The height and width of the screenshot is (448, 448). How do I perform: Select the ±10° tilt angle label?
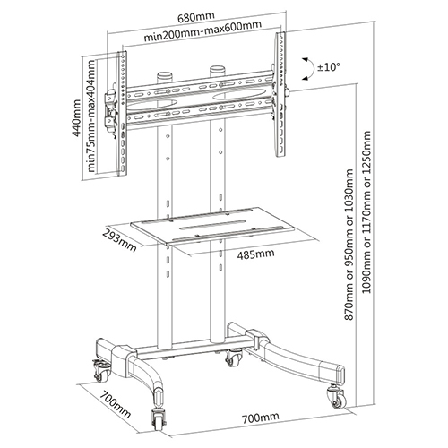pyautogui.click(x=329, y=67)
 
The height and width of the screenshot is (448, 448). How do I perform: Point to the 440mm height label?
pyautogui.click(x=77, y=118)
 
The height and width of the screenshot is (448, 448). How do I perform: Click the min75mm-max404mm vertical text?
pyautogui.click(x=91, y=116)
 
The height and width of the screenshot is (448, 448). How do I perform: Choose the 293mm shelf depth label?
pyautogui.click(x=119, y=240)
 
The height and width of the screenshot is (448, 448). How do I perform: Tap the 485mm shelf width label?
pyautogui.click(x=255, y=254)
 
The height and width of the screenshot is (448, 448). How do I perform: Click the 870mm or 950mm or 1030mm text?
pyautogui.click(x=349, y=245)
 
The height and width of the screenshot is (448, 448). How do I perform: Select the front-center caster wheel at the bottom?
pyautogui.click(x=158, y=418)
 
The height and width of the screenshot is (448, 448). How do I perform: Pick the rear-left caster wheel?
pyautogui.click(x=101, y=372)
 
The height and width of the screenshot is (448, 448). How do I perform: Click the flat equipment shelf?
pyautogui.click(x=225, y=228)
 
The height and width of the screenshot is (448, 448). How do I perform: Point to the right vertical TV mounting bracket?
pyautogui.click(x=280, y=94)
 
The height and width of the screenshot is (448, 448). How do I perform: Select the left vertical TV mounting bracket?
pyautogui.click(x=122, y=114)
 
